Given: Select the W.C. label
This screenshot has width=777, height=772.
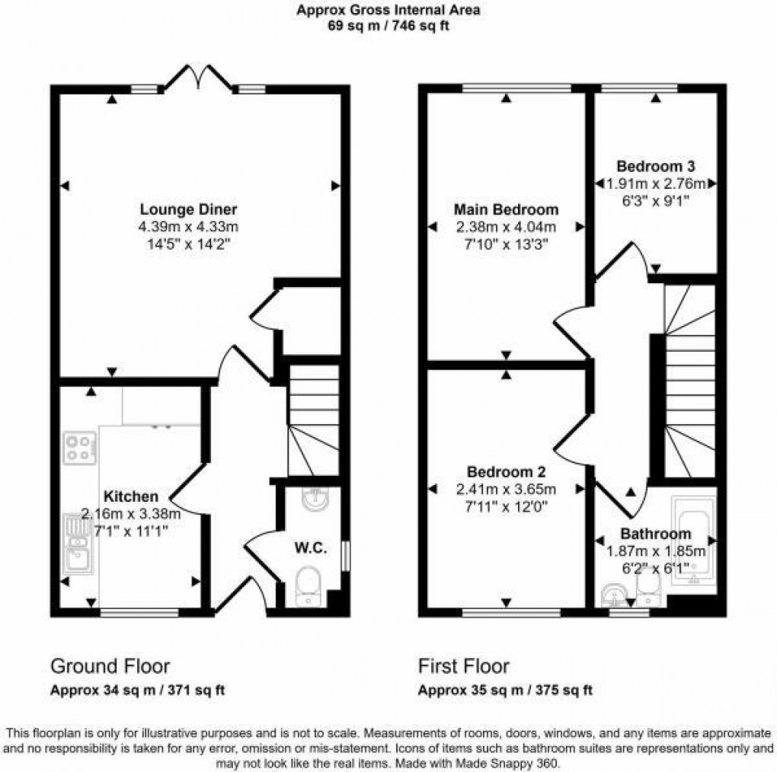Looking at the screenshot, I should click(312, 547).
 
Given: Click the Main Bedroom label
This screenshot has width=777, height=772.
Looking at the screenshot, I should click(506, 209).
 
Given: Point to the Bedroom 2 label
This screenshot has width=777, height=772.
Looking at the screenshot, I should click(505, 470).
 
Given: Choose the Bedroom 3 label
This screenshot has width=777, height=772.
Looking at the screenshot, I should click(655, 165).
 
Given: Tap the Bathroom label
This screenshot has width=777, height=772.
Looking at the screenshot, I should click(655, 534).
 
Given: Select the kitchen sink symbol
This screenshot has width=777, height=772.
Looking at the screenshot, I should click(78, 546).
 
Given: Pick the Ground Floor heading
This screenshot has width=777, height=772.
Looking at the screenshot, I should click(110, 667).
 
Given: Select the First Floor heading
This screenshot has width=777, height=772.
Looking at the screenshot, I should click(463, 667).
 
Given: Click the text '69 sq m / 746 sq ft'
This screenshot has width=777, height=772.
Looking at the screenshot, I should click(388, 26).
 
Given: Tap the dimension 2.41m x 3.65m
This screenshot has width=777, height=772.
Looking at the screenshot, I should click(506, 488).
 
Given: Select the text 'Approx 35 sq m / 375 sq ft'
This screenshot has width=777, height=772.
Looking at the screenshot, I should click(505, 691).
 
